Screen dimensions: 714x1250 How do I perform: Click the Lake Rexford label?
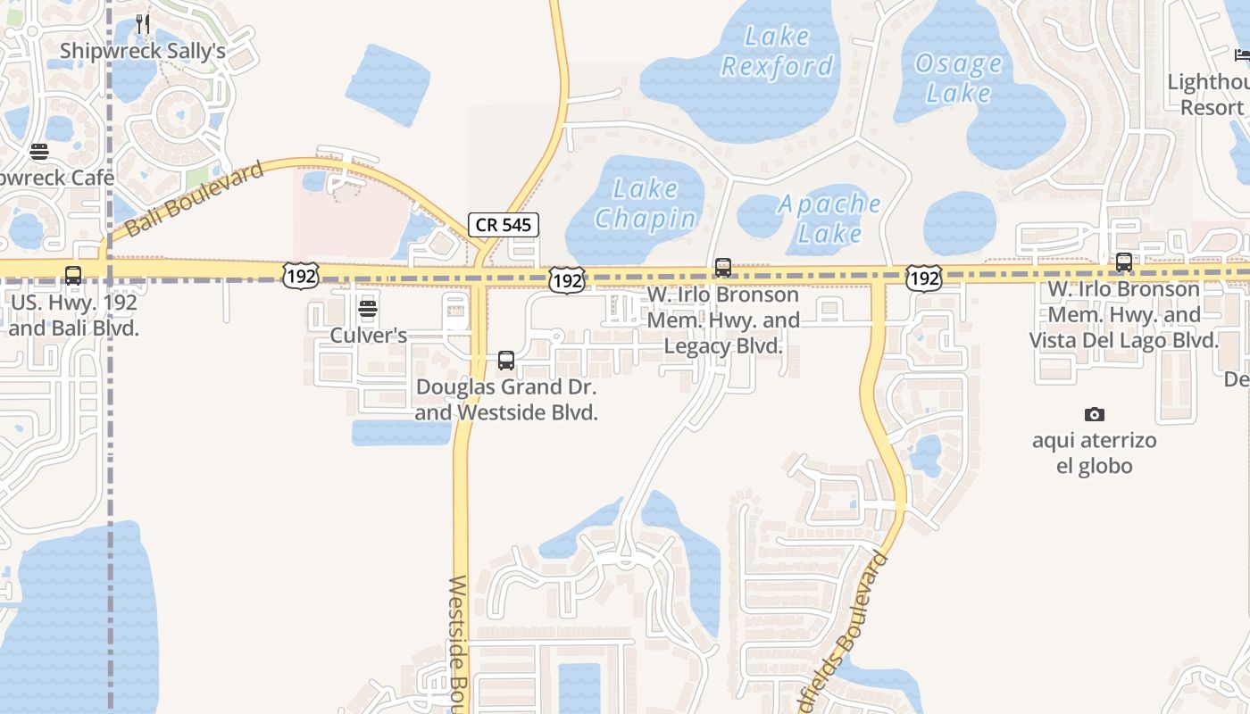[777, 51]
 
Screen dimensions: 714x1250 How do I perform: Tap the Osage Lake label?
[959, 79]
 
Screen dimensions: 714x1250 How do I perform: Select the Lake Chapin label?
[646, 203]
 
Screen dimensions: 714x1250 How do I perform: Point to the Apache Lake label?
[829, 219]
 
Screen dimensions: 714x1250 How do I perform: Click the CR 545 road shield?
[504, 225]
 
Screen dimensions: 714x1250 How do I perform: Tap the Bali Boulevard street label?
[195, 199]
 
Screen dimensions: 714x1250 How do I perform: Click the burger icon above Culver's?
[368, 310]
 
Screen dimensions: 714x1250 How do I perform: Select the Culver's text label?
[369, 336]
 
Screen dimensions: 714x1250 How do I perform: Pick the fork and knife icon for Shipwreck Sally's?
[143, 24]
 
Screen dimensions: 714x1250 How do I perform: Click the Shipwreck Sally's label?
[143, 51]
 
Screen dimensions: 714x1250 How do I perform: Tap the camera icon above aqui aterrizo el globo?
[1094, 414]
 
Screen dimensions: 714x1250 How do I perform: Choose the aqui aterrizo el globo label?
[1094, 453]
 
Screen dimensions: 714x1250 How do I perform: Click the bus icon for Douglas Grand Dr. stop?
[506, 361]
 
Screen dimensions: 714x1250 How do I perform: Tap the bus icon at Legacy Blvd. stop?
[723, 267]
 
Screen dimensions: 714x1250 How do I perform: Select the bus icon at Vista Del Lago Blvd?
[1124, 262]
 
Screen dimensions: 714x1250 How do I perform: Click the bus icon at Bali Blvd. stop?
[73, 276]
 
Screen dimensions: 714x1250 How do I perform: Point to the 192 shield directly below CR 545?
[567, 279]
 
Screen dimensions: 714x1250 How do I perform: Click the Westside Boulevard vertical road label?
[458, 643]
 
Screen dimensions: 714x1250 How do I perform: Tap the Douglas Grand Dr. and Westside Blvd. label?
[506, 401]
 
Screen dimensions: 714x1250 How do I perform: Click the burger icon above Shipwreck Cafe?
[38, 152]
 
